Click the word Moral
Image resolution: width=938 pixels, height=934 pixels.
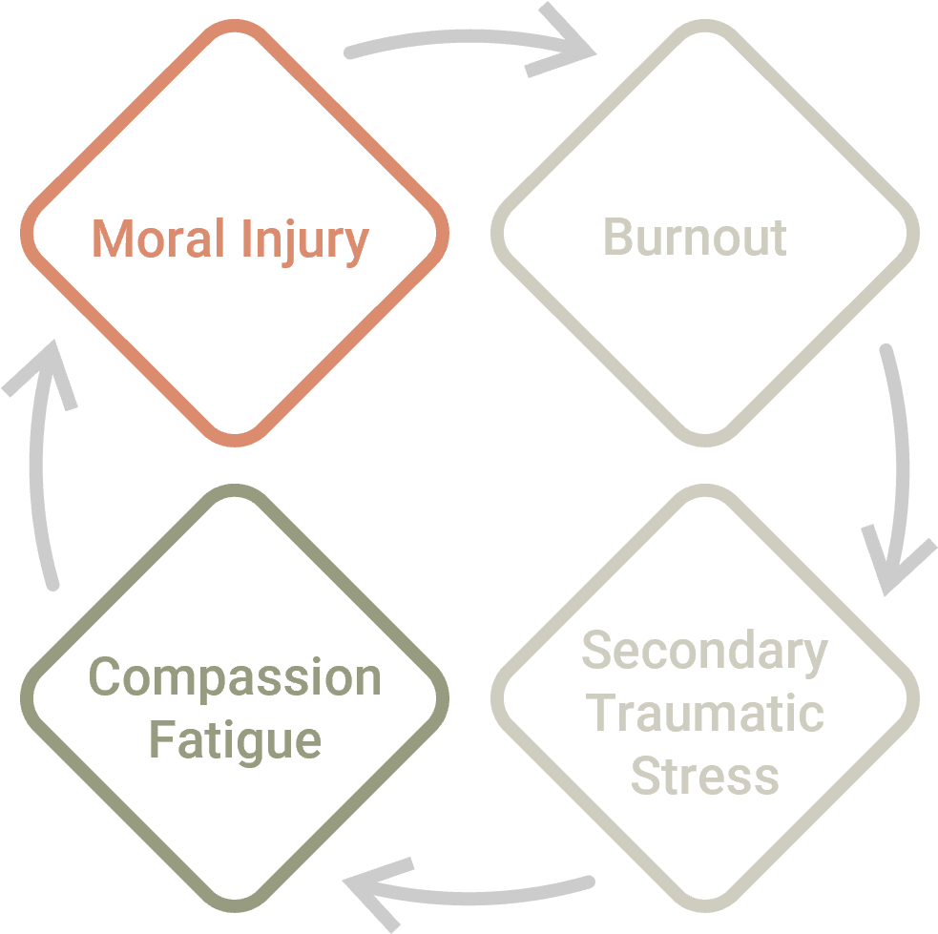click(x=158, y=238)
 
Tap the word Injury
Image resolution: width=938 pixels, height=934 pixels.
click(x=305, y=242)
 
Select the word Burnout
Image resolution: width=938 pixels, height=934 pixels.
click(x=695, y=237)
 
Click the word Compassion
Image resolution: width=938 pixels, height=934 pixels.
click(x=235, y=676)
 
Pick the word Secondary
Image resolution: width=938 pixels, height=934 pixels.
click(x=705, y=652)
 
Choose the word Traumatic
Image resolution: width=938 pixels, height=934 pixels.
click(x=705, y=713)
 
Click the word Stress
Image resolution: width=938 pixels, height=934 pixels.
click(x=705, y=776)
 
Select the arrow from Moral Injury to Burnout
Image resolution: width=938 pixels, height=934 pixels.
click(x=467, y=36)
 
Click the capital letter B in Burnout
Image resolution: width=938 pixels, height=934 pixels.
click(x=618, y=237)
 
